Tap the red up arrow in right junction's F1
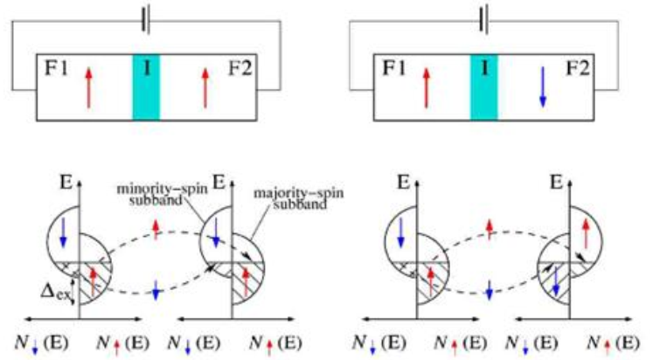point(426,87)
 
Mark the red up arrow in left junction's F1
point(87,87)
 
